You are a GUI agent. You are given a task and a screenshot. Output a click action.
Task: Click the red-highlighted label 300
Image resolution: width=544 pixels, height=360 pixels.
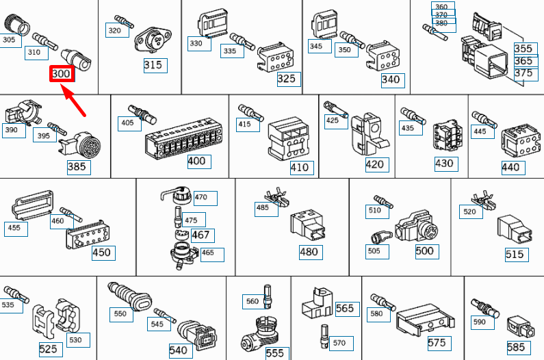pos(62,73)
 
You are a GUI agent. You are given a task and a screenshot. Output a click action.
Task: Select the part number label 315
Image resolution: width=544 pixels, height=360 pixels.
pos(153,65)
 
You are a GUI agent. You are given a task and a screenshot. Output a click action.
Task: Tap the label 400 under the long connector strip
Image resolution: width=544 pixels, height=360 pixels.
pos(196,162)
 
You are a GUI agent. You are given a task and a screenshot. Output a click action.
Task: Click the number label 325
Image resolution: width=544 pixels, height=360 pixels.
pos(287,79)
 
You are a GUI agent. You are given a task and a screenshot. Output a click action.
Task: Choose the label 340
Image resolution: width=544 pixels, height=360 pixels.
pos(391,79)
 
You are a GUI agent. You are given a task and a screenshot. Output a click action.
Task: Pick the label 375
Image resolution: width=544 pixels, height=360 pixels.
pos(523,73)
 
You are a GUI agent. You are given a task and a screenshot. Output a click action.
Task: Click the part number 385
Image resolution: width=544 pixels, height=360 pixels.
pos(77,166)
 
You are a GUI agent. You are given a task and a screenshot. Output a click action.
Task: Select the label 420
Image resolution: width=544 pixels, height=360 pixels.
pos(376,164)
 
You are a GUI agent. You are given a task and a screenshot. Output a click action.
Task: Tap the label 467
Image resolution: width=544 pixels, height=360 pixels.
pos(200,235)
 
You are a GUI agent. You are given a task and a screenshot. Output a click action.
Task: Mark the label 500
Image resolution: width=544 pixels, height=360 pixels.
pos(425,251)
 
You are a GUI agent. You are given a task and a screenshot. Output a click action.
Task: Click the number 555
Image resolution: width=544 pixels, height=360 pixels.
pos(275,353)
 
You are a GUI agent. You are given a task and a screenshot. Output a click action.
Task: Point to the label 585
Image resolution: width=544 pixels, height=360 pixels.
pos(516,348)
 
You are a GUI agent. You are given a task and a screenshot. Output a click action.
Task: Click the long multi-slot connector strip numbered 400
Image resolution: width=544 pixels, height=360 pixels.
pos(185,140)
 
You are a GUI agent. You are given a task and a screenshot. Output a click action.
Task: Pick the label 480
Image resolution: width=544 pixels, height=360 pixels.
pos(309,252)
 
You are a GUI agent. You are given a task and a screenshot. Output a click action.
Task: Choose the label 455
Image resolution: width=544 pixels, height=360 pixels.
pos(16,229)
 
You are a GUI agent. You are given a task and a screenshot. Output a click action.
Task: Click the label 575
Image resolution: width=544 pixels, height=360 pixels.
pos(437,343)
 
